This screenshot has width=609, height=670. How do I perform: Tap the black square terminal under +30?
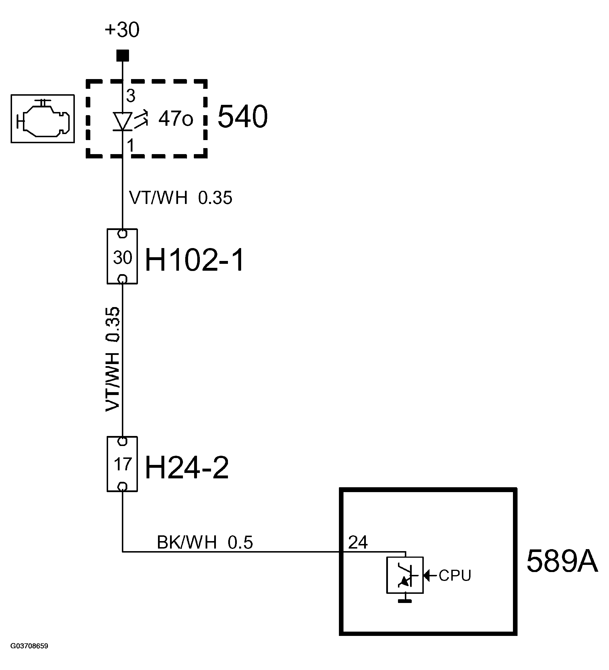122,56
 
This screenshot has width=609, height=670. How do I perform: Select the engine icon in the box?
42,119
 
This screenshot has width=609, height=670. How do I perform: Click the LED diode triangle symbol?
122,121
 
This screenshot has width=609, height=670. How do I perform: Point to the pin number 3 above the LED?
131,96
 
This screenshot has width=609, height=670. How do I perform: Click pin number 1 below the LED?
131,145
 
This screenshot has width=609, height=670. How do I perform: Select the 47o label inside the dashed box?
175,119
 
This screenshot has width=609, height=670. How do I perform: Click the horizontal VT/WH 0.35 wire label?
180,198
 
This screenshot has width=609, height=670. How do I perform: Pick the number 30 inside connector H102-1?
122,258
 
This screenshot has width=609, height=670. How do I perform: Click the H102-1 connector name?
195,260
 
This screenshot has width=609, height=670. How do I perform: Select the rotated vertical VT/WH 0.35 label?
112,359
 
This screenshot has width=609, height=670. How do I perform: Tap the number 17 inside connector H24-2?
122,464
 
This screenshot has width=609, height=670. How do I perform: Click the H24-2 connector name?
187,467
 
